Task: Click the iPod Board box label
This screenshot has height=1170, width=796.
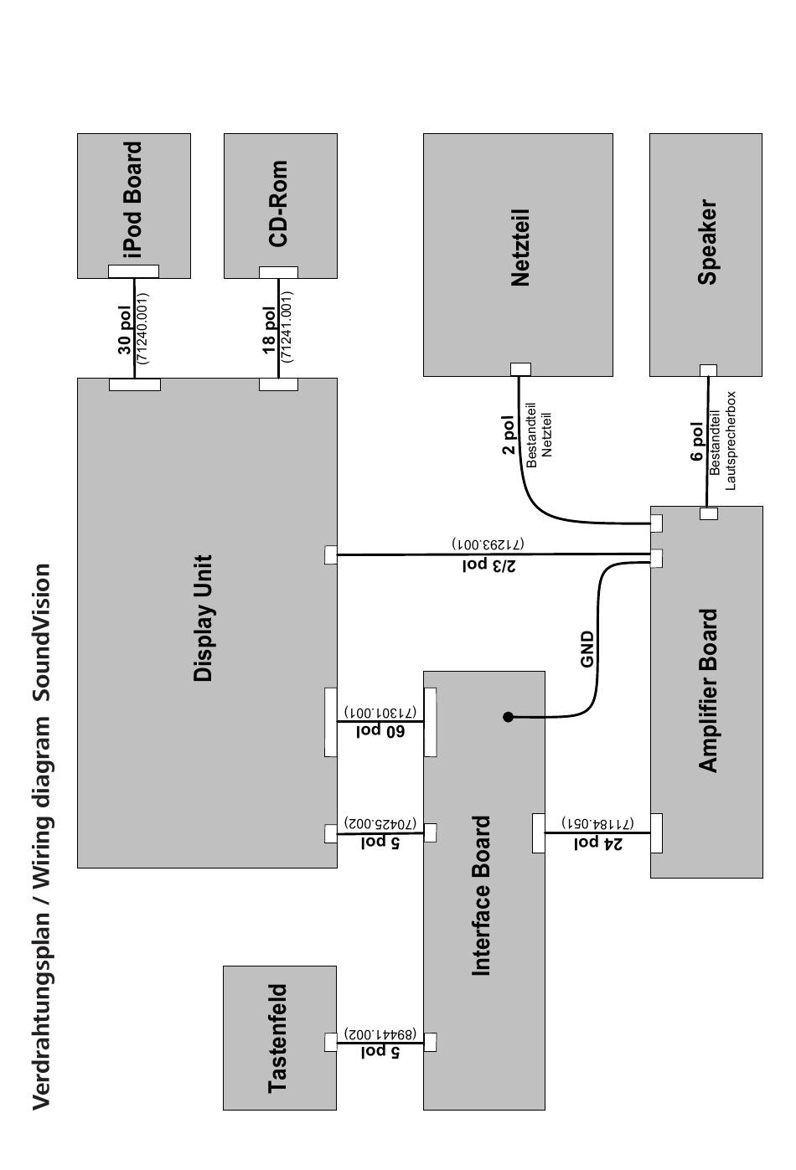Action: (132, 198)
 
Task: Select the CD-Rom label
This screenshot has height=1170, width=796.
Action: (278, 204)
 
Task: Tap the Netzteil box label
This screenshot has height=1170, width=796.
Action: (520, 248)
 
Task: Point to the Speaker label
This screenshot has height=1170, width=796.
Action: (707, 242)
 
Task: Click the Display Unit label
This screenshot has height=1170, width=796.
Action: (203, 618)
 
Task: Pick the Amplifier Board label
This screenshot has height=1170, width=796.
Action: (708, 690)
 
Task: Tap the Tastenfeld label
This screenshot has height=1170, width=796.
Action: (277, 1038)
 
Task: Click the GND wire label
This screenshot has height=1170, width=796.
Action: (587, 648)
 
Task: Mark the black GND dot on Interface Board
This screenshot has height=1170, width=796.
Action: (508, 717)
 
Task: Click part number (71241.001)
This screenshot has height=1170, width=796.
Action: (287, 327)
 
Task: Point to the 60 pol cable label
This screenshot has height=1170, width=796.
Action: (380, 730)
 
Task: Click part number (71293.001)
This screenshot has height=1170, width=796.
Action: (488, 544)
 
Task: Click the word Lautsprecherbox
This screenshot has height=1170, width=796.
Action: (731, 441)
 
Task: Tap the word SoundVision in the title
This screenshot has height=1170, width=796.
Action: (42, 633)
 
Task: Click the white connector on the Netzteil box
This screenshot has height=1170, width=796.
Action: (520, 369)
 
